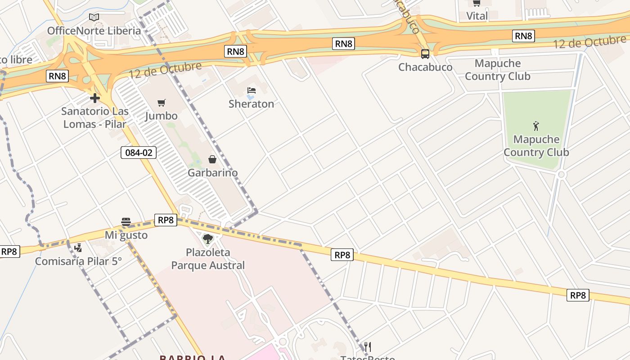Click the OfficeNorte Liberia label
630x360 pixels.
(94, 31)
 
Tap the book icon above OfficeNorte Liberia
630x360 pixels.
(94, 18)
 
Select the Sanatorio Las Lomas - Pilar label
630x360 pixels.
(95, 117)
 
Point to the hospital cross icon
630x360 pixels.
(94, 98)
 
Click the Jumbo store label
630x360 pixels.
(161, 116)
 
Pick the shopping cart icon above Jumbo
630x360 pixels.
(162, 103)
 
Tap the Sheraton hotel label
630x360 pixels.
(251, 104)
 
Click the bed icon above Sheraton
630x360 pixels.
(251, 90)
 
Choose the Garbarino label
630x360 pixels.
(212, 173)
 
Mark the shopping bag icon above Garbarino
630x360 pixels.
(212, 159)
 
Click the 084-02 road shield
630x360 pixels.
(139, 153)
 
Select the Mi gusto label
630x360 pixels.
(126, 235)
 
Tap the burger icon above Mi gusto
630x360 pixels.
(126, 221)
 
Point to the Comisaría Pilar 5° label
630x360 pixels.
(78, 261)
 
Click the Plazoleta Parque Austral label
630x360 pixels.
(208, 259)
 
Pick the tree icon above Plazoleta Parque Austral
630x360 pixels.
(207, 239)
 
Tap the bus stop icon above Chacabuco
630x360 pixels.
(425, 54)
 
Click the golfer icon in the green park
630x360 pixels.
(536, 126)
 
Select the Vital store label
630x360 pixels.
(477, 16)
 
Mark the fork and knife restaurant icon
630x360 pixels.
(368, 346)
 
